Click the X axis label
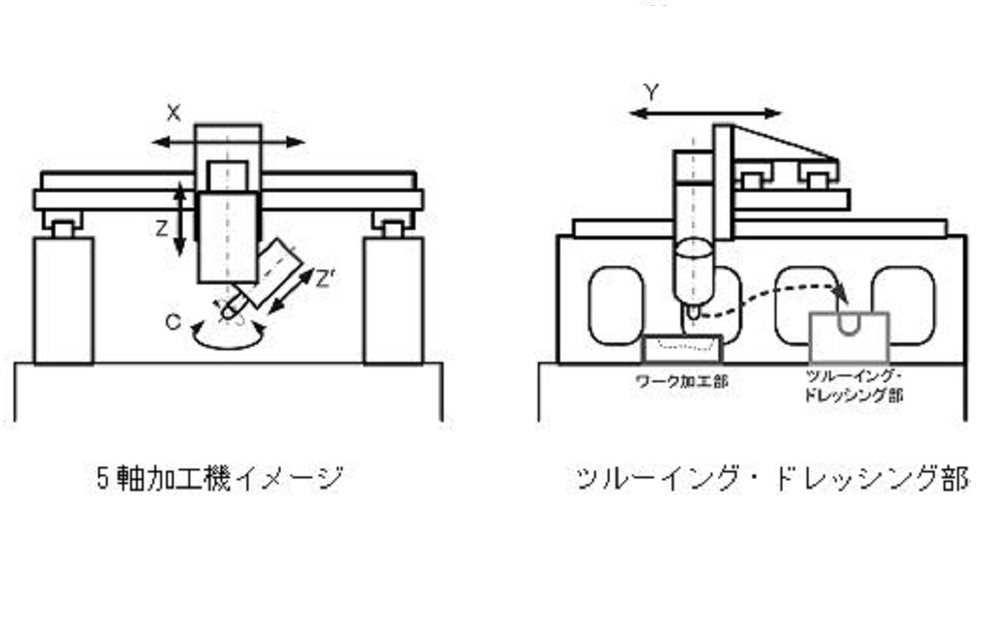[173, 114]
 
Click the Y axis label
[651, 92]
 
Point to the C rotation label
[173, 322]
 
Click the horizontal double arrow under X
[229, 142]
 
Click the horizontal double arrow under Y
[706, 114]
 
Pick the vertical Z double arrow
[181, 221]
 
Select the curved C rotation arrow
[229, 337]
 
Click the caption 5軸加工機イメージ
[219, 477]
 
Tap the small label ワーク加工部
[680, 381]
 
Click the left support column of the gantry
[63, 300]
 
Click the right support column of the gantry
[393, 300]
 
